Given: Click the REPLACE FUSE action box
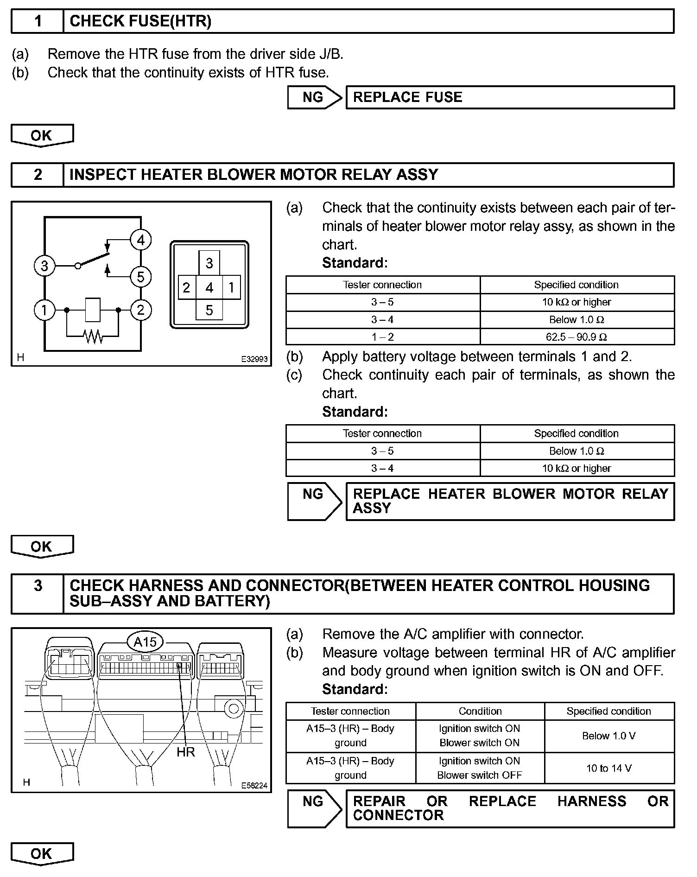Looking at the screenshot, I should click(510, 97).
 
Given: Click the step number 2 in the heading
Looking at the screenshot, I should click(38, 175).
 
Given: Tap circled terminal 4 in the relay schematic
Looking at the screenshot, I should click(141, 240).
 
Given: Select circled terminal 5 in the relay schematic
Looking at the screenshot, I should click(141, 277).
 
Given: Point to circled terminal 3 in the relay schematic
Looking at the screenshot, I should click(44, 266).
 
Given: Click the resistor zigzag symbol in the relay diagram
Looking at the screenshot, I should click(93, 336).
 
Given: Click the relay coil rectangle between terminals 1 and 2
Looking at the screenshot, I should click(93, 310).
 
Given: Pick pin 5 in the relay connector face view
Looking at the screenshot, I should click(209, 310).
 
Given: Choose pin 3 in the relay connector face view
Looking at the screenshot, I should click(209, 263).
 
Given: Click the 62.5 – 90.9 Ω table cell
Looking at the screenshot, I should click(577, 337).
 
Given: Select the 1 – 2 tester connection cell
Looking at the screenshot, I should click(383, 337).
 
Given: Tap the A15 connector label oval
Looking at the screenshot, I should click(145, 642).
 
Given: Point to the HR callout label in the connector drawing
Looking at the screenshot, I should click(186, 752).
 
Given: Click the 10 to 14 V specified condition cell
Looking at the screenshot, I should click(609, 768).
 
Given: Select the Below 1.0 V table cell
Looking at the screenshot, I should click(609, 736).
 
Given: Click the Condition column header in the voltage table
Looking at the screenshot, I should click(480, 711).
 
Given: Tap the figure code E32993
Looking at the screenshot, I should click(254, 359).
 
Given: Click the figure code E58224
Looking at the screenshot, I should click(254, 785).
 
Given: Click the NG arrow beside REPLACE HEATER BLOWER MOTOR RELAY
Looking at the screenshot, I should click(314, 501).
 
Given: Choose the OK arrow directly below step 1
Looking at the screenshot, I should click(42, 135).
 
